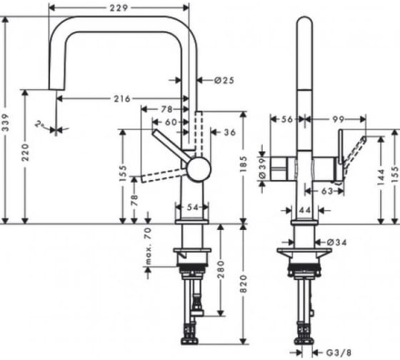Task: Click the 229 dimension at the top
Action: [119, 8]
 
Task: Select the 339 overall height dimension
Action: [6, 122]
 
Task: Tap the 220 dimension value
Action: [25, 152]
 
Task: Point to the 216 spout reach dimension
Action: [122, 99]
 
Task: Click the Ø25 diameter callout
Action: [224, 81]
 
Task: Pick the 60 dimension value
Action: [171, 122]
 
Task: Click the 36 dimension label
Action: [230, 132]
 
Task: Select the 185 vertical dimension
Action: [244, 164]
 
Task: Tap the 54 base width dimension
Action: [192, 207]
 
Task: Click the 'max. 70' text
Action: [148, 246]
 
